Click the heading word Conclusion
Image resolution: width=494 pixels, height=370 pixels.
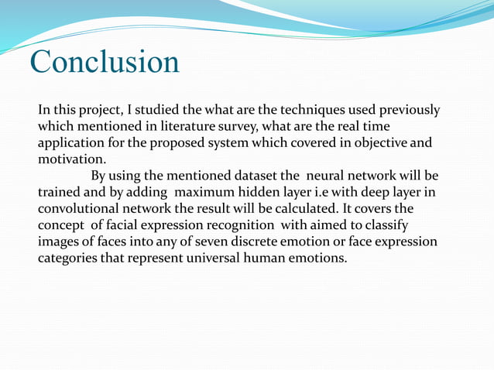[x=105, y=61]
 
